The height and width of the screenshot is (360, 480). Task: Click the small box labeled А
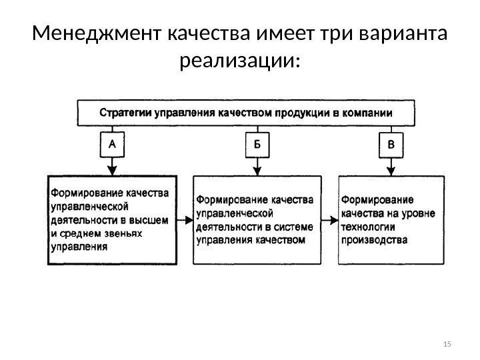113,143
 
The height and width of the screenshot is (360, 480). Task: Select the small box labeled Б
257,144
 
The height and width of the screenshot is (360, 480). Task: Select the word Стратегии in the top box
126,113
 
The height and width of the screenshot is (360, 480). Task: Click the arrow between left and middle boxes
185,219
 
